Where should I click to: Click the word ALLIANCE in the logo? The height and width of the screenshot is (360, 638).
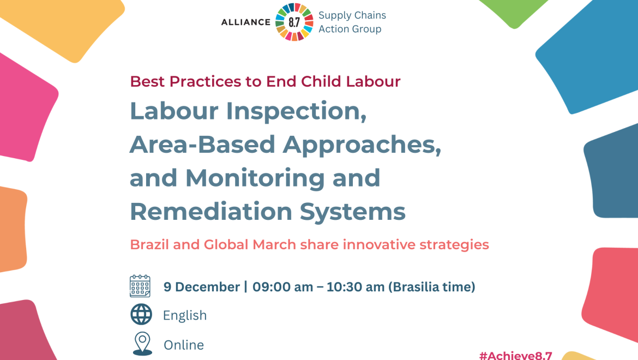[x=245, y=22]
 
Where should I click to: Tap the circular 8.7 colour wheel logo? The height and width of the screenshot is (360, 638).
[x=294, y=22]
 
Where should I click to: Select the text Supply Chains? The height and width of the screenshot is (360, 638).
[x=352, y=15]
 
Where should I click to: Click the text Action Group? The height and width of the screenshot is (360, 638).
[x=350, y=29]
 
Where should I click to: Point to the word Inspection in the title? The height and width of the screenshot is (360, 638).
[x=296, y=111]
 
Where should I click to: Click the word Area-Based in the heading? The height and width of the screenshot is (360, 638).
[x=202, y=144]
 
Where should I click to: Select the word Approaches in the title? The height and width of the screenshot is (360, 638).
[x=362, y=144]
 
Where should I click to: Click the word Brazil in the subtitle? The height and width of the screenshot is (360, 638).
[x=149, y=244]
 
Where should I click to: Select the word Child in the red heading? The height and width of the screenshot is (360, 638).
[x=321, y=81]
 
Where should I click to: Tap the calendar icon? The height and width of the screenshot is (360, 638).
[x=140, y=286]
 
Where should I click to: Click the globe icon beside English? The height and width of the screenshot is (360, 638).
[x=141, y=314]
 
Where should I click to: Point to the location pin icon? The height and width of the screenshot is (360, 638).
[x=142, y=344]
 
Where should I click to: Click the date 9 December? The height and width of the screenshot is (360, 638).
[x=202, y=287]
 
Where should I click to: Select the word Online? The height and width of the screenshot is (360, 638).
[x=184, y=345]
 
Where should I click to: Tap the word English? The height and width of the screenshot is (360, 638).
[x=185, y=315]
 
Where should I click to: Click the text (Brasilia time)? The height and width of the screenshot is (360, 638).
[x=432, y=287]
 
